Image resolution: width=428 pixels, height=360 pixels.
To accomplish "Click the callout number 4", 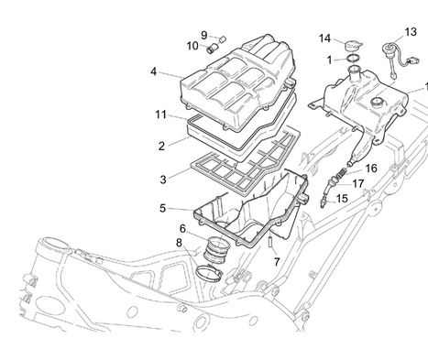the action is tap(153, 71).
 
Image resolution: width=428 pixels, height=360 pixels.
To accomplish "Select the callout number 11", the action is tap(161, 115).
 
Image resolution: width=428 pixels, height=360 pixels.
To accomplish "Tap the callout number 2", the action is tap(161, 147).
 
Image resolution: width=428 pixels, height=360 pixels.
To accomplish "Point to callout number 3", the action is tap(163, 180).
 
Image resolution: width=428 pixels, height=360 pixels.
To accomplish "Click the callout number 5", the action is tap(163, 209).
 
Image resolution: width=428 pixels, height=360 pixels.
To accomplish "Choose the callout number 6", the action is tap(182, 228).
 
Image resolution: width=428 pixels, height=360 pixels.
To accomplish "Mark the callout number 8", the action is tap(179, 243).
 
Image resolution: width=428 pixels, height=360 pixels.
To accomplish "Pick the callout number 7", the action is tap(277, 262).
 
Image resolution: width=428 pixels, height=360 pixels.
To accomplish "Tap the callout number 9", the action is tap(204, 35).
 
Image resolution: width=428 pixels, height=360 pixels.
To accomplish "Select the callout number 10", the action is tap(192, 46).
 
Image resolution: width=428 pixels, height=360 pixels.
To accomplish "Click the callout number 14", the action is tap(324, 38).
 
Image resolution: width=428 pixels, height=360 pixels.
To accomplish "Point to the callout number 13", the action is tap(411, 32).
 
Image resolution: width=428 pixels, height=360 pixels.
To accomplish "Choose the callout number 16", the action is tap(371, 169).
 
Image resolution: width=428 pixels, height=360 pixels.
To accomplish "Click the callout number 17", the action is tap(358, 184).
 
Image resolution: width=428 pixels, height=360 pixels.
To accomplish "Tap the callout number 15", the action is tap(342, 199).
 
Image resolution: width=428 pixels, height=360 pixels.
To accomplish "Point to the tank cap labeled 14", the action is tap(354, 46).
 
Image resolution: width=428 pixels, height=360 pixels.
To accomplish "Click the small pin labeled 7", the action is tap(270, 243).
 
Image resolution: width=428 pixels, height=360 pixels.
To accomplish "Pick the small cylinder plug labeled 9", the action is tap(222, 39).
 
